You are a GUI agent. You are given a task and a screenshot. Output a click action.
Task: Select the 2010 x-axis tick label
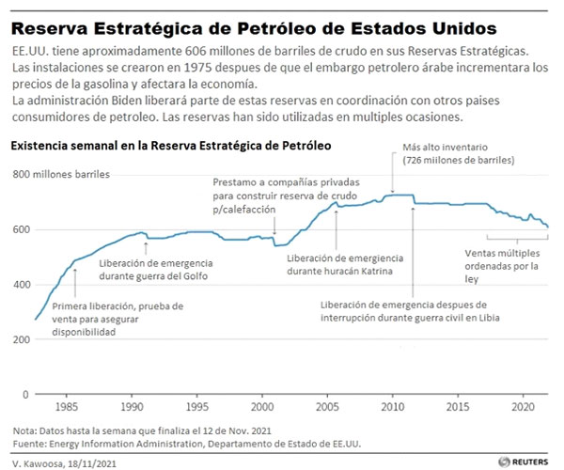392,410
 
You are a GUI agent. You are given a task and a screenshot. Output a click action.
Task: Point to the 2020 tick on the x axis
523,410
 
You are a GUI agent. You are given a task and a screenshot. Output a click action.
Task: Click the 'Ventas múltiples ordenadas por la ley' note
506,266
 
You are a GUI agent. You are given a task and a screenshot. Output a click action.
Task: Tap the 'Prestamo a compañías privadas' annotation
272,195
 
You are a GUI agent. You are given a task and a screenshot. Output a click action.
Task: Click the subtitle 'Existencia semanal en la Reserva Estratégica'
169,147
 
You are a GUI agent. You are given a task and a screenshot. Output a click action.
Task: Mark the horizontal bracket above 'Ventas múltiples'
518,238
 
